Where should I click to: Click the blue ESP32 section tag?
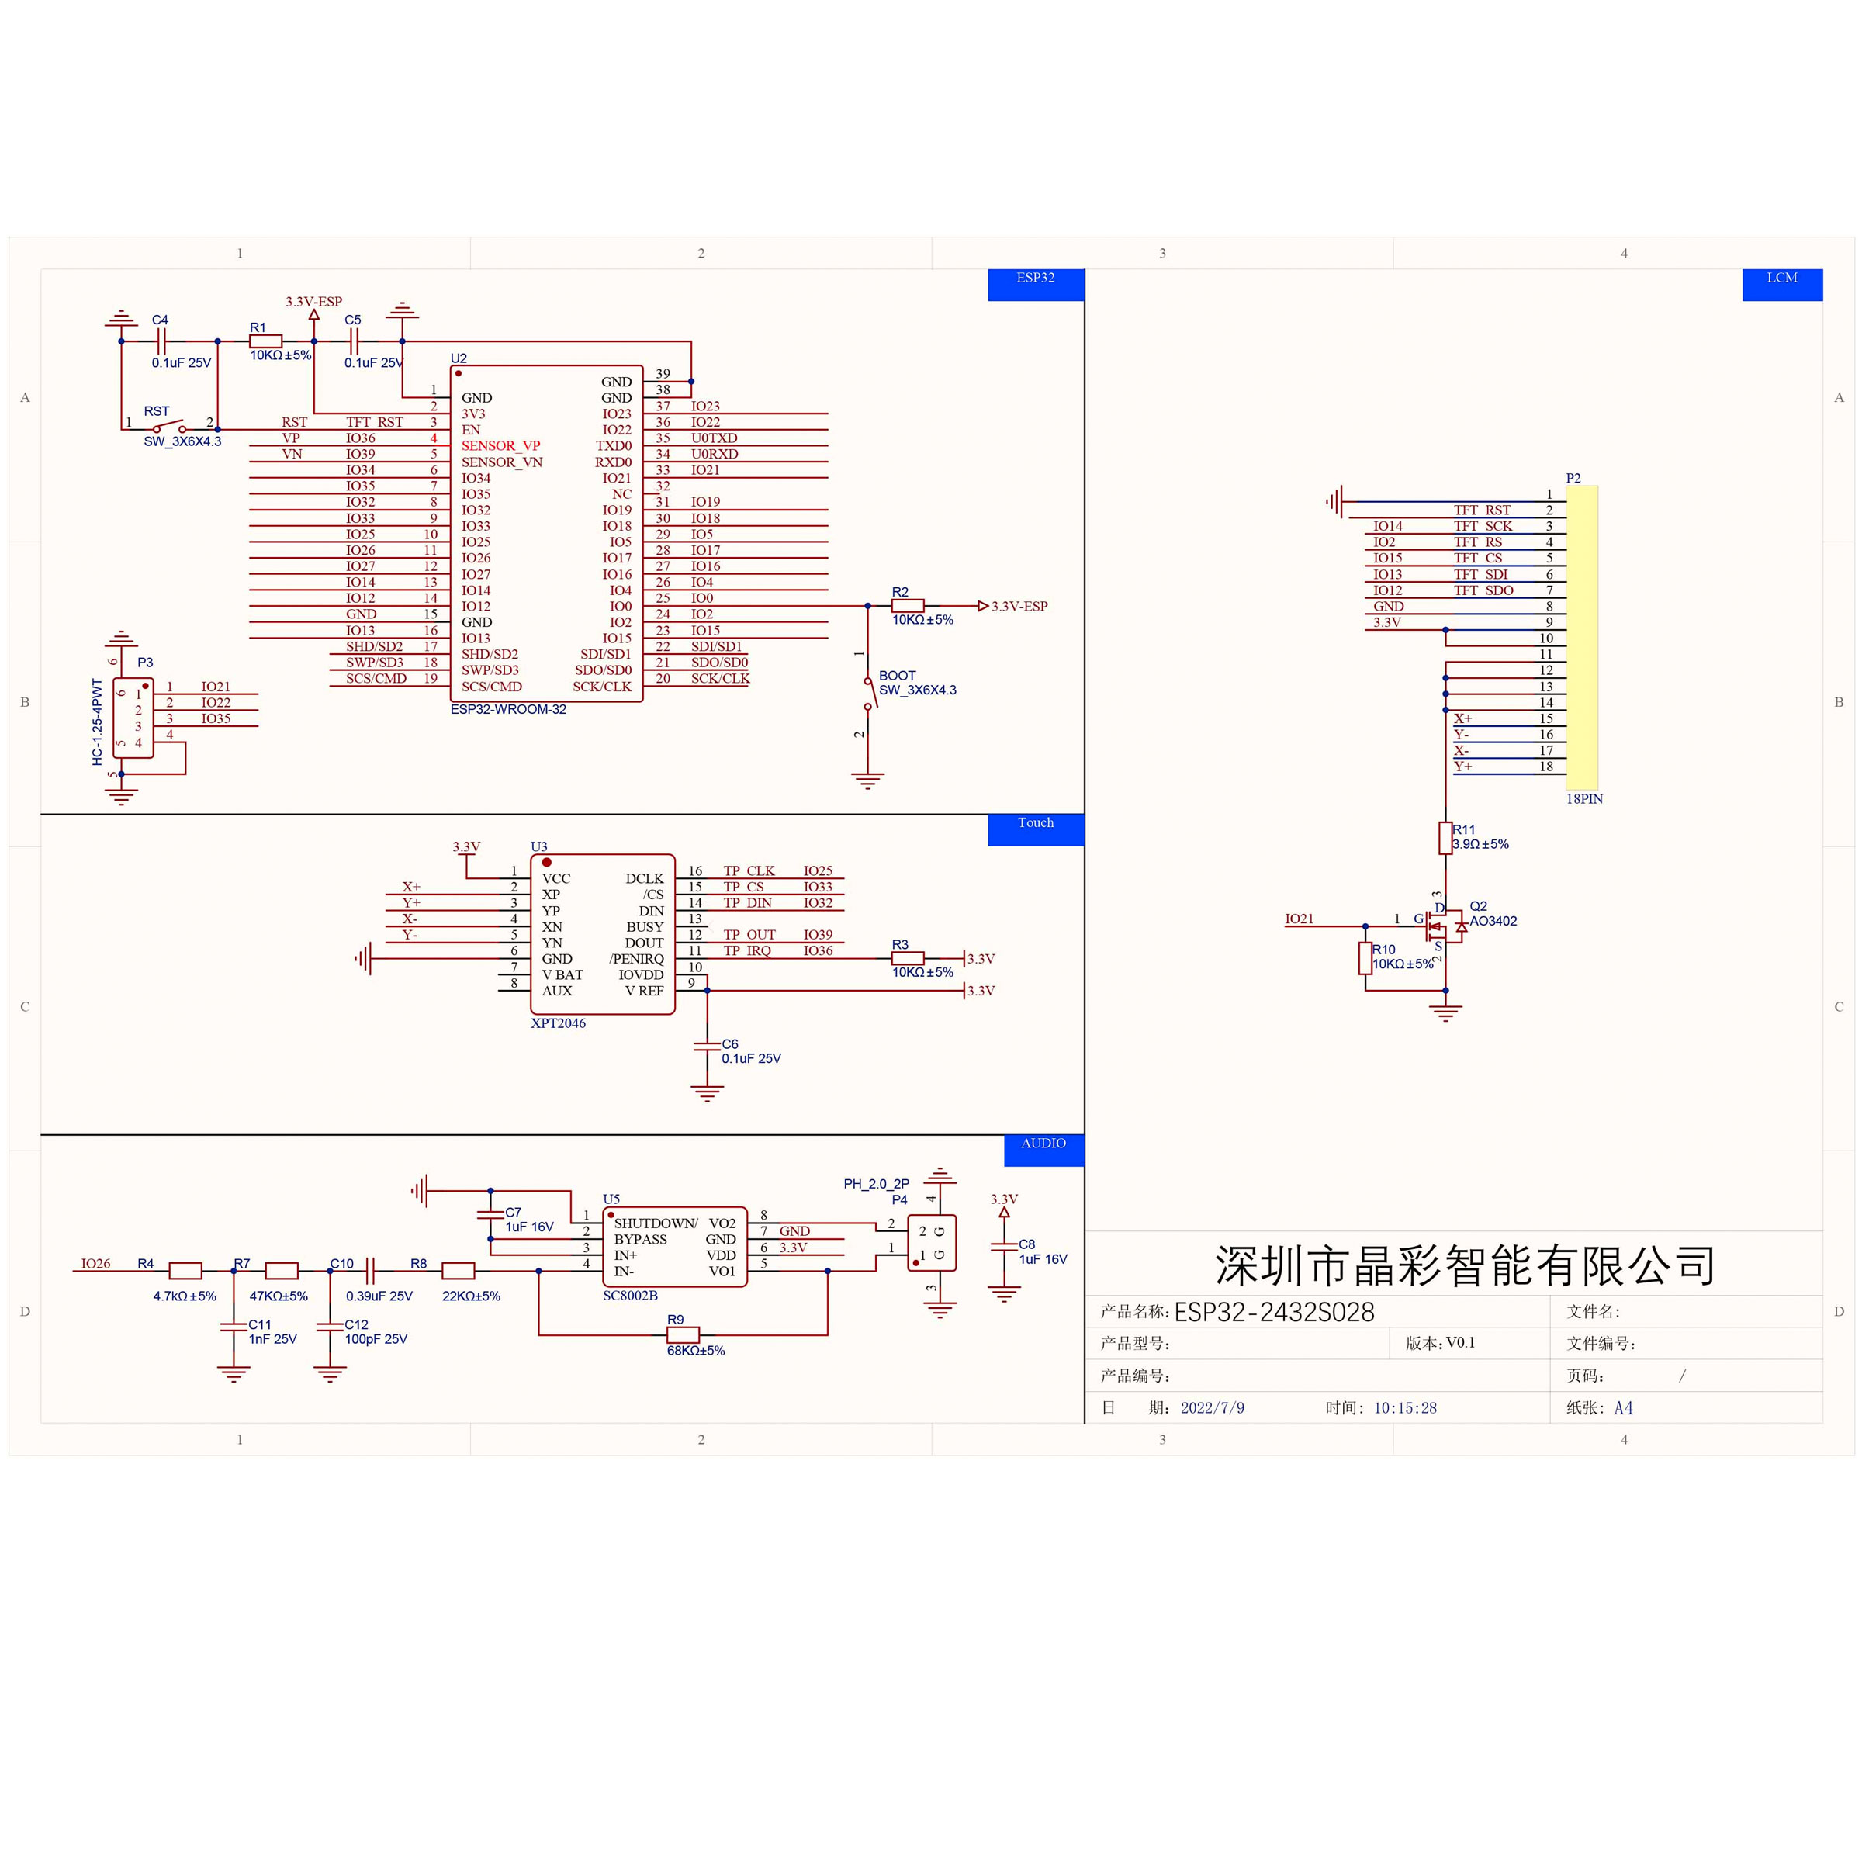coord(1035,284)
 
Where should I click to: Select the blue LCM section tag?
coord(1781,284)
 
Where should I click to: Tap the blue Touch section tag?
coord(1035,829)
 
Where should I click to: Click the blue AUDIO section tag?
coord(1043,1150)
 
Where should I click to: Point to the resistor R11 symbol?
coord(1445,838)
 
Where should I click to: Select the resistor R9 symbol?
coord(683,1334)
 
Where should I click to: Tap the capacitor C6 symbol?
coord(707,1047)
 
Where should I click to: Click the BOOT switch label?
coord(896,676)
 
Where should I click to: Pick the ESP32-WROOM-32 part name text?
coord(508,709)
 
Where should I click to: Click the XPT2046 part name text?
coord(557,1023)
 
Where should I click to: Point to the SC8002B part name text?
coord(629,1296)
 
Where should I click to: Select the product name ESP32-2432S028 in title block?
coord(1273,1312)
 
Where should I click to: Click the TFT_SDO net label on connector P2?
coord(1483,590)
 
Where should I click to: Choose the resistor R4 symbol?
coord(185,1270)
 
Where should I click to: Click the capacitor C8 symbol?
coord(1003,1248)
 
